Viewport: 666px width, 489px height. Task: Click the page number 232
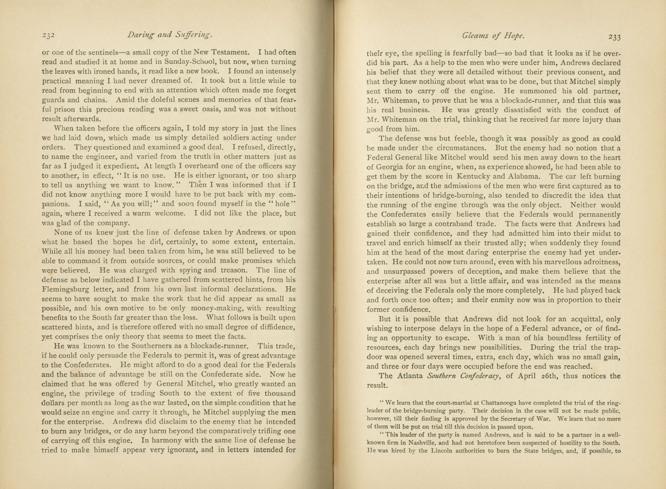tap(48, 35)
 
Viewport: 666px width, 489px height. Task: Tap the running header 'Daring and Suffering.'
tap(170, 35)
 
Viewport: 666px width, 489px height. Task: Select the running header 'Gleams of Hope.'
tap(493, 36)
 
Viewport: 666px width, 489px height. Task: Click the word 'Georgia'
tap(393, 167)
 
